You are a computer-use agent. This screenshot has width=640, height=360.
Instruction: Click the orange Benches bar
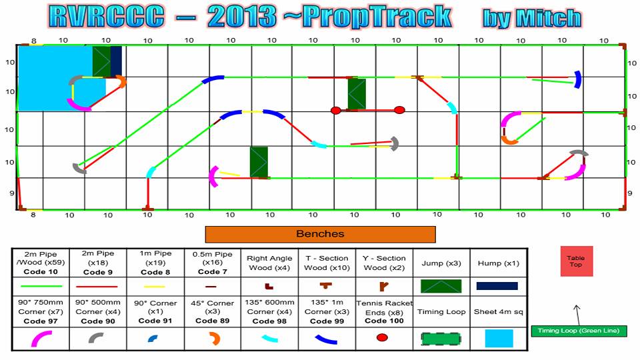click(x=320, y=234)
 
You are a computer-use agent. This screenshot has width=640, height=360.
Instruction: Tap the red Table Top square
click(x=576, y=261)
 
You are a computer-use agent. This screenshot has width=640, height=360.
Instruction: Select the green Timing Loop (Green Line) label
click(x=579, y=331)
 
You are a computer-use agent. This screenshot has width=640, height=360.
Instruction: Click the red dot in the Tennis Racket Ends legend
click(x=382, y=337)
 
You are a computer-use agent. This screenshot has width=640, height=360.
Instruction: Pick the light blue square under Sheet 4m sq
click(x=499, y=339)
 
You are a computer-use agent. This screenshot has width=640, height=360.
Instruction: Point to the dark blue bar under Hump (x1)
click(x=497, y=286)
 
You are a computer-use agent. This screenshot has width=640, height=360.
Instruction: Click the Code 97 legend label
click(x=41, y=321)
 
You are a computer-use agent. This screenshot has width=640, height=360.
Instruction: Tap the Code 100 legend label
click(x=384, y=321)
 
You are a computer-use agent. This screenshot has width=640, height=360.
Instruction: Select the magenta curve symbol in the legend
click(x=41, y=339)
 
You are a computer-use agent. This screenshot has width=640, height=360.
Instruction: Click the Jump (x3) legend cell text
click(x=441, y=263)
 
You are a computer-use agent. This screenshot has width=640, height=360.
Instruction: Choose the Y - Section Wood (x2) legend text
click(x=384, y=263)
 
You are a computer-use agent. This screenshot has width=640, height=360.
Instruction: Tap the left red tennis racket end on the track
click(x=335, y=111)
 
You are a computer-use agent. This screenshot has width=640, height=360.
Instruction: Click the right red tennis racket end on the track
click(x=399, y=110)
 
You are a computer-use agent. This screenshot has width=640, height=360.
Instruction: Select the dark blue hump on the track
click(x=116, y=61)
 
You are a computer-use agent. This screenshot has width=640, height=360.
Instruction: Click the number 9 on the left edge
click(x=12, y=193)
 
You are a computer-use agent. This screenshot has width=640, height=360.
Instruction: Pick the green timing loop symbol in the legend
click(x=441, y=339)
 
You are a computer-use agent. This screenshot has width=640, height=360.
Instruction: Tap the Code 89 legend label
click(x=212, y=321)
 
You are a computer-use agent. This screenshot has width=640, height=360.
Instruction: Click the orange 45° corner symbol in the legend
click(x=214, y=339)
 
